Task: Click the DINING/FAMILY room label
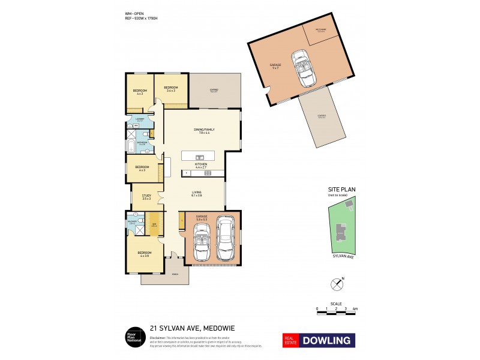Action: [203, 131]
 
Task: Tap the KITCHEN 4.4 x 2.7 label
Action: [201, 164]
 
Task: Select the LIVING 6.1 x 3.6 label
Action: [196, 194]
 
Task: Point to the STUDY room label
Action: [146, 196]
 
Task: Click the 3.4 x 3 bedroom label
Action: [169, 89]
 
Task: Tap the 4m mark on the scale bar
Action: [355, 308]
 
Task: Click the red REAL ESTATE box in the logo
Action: [291, 340]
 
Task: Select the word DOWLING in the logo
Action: [327, 340]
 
